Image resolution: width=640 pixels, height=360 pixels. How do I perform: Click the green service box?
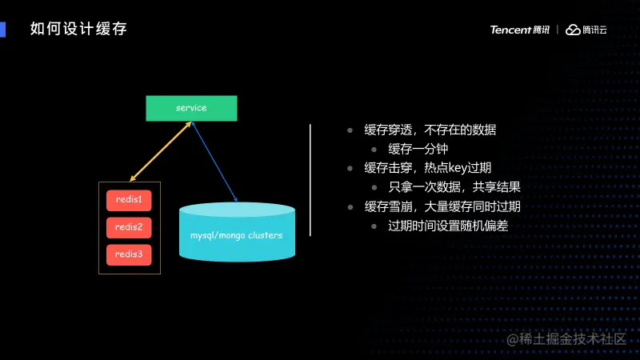coord(191,108)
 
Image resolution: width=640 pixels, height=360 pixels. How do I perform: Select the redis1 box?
coord(129,199)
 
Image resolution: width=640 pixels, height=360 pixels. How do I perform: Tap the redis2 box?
coord(129,227)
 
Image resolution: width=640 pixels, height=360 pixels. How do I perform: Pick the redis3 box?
coord(129,254)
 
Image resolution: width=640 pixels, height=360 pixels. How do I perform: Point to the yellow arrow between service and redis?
coord(160,152)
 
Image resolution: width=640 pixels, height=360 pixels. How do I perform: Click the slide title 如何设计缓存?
coord(78,30)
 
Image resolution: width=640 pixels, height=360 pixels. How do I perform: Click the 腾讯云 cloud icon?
coord(573,30)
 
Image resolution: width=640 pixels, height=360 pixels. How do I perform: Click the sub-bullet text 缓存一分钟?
coord(418,150)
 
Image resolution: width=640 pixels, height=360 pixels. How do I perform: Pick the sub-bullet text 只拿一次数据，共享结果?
coord(454,188)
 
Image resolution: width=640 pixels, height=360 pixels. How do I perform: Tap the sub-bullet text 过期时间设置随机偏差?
coord(448,226)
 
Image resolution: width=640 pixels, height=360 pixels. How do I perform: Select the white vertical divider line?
coord(310,180)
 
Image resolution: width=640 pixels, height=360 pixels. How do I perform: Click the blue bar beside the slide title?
coord(3,30)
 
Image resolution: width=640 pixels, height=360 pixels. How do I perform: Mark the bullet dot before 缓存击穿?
coord(350,169)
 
